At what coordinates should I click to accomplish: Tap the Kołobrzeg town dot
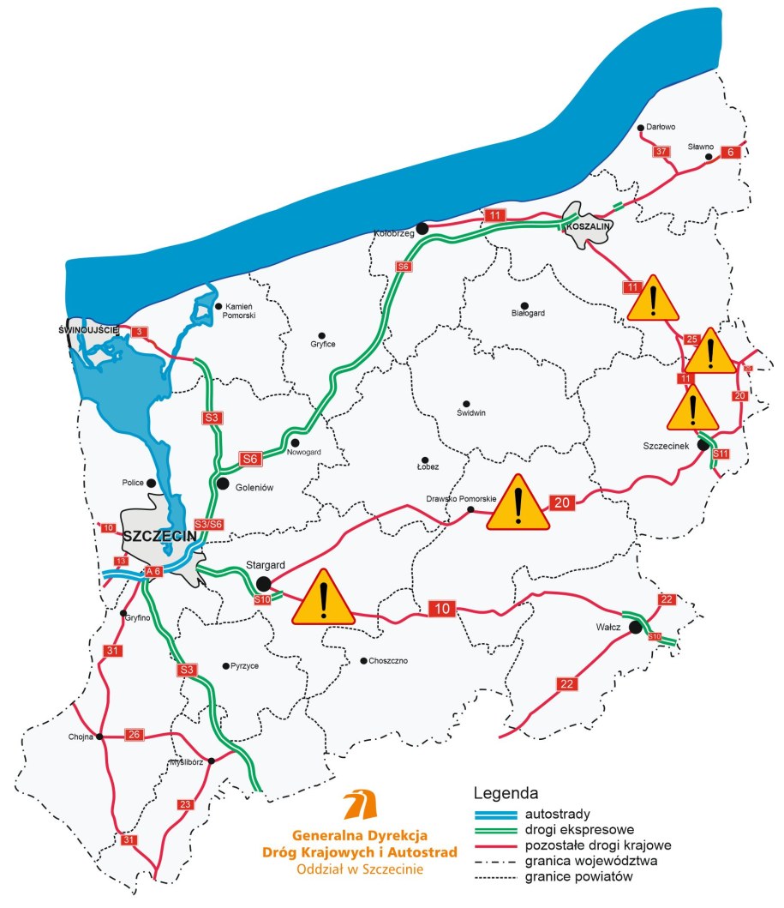[422, 228]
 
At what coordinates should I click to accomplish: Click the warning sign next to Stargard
[323, 598]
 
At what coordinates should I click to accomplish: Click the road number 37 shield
[661, 152]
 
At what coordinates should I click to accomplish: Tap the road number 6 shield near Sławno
[730, 152]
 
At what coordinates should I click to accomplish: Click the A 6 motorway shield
[153, 571]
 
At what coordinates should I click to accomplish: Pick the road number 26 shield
[135, 735]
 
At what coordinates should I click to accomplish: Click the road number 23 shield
[186, 804]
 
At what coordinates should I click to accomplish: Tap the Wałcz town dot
[635, 628]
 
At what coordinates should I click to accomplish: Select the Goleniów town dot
[223, 484]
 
